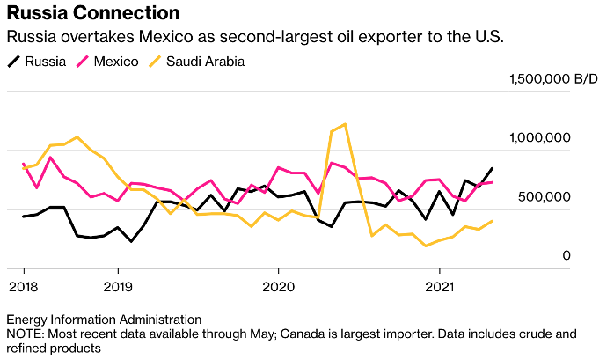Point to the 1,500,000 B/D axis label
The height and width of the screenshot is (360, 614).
(552, 79)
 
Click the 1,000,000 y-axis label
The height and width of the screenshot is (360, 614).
(540, 138)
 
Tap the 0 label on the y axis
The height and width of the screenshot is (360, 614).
(566, 256)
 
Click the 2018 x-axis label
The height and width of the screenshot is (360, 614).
(23, 286)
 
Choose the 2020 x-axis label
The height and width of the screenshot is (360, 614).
(278, 286)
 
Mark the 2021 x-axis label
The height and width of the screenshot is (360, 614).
(440, 286)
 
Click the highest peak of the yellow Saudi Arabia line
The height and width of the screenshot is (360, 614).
(344, 124)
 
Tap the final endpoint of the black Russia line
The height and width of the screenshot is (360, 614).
(492, 168)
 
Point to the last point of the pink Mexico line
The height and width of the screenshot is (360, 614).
(492, 182)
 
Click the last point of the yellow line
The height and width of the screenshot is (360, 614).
(492, 221)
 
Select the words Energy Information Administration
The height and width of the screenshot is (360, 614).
(104, 319)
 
